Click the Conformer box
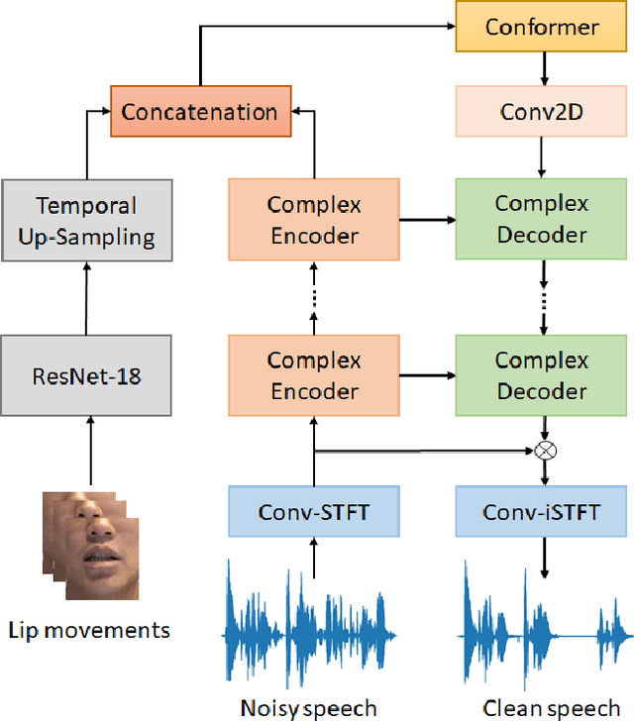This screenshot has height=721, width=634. (542, 26)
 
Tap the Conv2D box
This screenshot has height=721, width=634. (542, 111)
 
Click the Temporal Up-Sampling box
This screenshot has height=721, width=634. (86, 221)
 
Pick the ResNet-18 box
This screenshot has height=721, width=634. (86, 376)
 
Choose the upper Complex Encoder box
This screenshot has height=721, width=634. (313, 220)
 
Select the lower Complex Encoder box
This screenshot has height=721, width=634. (313, 376)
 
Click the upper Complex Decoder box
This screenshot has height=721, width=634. (542, 220)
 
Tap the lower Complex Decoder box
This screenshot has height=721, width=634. (542, 376)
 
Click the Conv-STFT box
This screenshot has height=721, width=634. (313, 512)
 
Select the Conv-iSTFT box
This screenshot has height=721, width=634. (542, 512)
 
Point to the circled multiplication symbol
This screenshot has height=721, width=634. (544, 451)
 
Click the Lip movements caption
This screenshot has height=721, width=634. (89, 630)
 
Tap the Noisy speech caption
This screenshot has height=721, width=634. (309, 707)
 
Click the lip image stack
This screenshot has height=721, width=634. (88, 545)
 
